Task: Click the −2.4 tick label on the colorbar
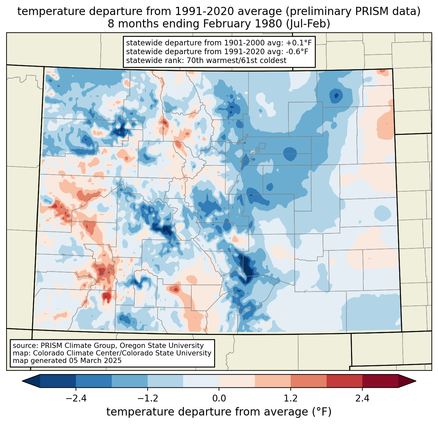pos(76,399)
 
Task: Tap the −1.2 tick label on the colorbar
pos(147,399)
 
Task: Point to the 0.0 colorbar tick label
pos(219,399)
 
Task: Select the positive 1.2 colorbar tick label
pos(291,399)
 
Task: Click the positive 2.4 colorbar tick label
pos(362,399)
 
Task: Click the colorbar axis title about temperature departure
pos(219,412)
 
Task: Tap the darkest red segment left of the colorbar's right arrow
pos(380,381)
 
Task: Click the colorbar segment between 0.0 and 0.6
pos(237,381)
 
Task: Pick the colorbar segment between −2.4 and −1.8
pos(94,381)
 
